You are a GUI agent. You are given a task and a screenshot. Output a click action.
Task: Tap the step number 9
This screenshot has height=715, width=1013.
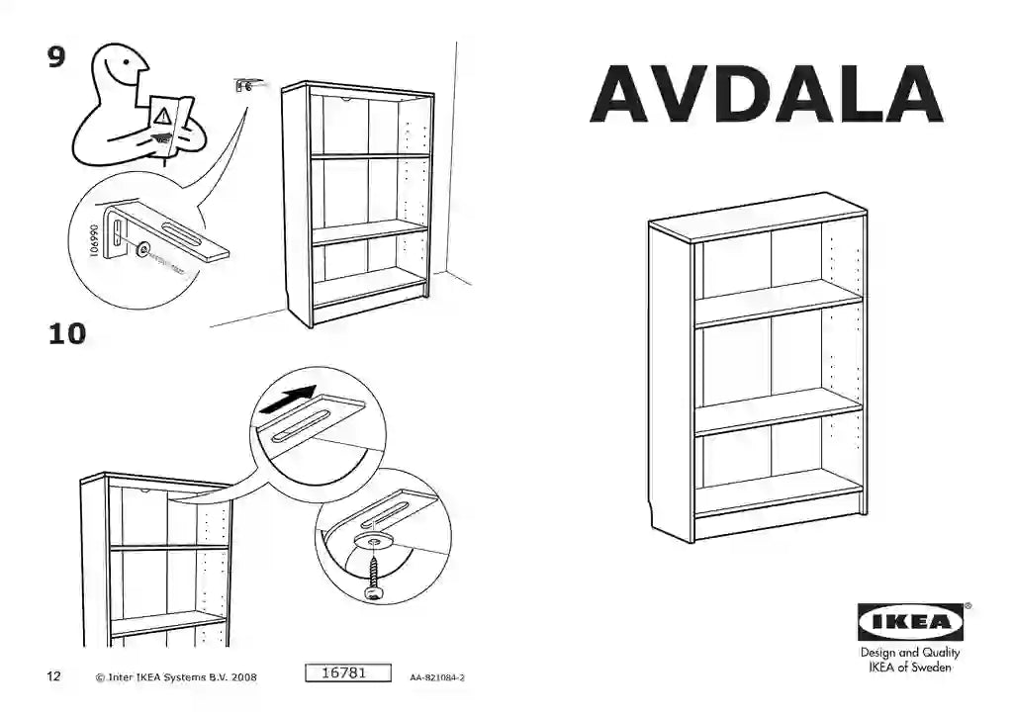tap(57, 58)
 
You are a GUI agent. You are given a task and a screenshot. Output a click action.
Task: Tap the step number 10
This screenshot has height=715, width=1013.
tap(67, 334)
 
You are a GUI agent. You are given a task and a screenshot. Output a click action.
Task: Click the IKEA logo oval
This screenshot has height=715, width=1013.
tap(910, 622)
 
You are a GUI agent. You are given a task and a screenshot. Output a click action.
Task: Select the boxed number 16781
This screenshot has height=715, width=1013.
tap(345, 673)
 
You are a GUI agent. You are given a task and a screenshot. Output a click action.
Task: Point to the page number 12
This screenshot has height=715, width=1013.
tap(53, 677)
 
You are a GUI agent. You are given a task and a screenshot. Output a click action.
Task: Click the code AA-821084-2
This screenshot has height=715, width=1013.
tap(436, 678)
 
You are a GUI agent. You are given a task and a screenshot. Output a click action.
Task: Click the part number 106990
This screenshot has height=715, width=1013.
tap(95, 238)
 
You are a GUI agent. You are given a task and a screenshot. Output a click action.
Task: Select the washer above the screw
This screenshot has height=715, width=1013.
tap(375, 541)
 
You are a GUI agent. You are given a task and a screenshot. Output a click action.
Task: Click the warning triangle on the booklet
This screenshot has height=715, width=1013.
tap(162, 115)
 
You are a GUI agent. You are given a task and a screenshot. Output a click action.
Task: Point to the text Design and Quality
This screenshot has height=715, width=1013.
tap(909, 653)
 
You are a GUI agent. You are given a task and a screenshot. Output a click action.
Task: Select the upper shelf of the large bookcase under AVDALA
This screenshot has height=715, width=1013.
tap(779, 302)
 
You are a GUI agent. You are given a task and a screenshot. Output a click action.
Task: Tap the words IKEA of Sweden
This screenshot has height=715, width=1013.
tap(909, 668)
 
